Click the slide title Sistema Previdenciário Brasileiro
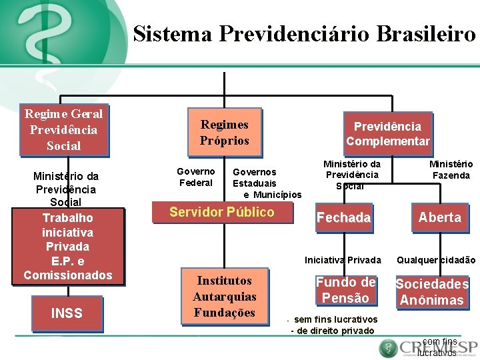coord(304,33)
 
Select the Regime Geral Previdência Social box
coord(64,130)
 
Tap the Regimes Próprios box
coord(224,133)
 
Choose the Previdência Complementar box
coord(387,133)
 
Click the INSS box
coord(67,312)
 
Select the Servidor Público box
coord(221,213)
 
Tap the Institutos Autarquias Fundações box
coord(224,297)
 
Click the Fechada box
coord(343,217)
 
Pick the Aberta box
coord(439,217)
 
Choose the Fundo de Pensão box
coord(345,290)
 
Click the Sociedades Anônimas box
coord(432,292)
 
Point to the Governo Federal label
coord(196,177)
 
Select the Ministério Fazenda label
coord(451,170)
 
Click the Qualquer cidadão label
coord(436,260)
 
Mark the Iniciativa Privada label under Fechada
coord(343,260)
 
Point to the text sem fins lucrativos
coord(335,319)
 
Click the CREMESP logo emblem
coord(388,348)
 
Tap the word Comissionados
coord(67,275)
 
